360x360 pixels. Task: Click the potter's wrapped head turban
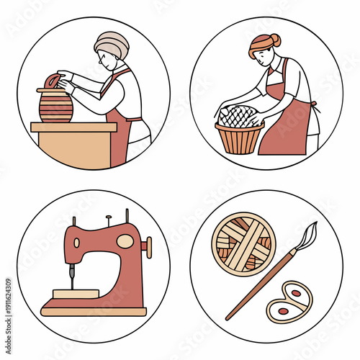[x=112, y=42]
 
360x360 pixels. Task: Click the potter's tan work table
[x=72, y=144]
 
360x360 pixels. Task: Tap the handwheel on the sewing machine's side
[x=148, y=247]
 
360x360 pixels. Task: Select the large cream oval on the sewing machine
[x=125, y=241]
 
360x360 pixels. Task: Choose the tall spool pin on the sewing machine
[x=127, y=216]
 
